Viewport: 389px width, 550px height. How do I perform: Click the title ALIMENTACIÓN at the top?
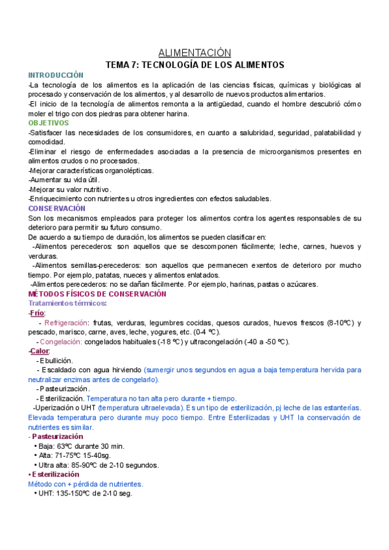[194, 53]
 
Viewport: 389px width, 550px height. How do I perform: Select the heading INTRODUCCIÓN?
[56, 75]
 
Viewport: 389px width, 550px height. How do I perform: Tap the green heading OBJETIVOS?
[48, 123]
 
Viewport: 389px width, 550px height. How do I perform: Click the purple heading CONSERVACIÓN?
[56, 208]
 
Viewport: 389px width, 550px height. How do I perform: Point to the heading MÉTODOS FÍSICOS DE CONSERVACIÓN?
[97, 294]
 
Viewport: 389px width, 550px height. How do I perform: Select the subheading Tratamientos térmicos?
[67, 304]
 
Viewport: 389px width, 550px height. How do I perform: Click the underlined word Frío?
[37, 313]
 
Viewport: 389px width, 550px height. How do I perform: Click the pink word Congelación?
[61, 342]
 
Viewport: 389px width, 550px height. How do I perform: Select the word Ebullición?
[56, 361]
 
